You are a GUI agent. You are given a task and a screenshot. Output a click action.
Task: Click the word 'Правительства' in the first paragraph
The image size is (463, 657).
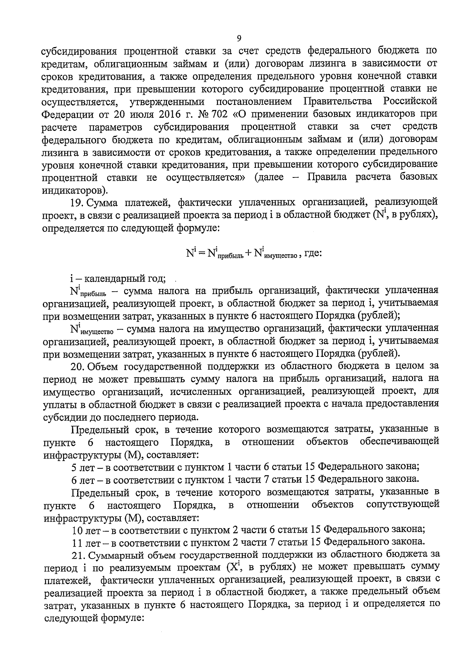(338, 102)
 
